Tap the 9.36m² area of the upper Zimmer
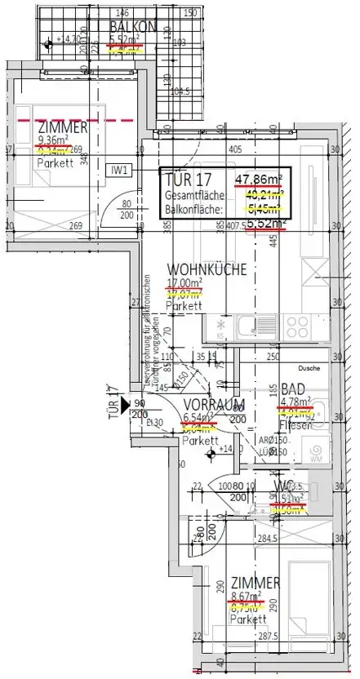pyautogui.click(x=53, y=139)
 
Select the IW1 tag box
pyautogui.click(x=120, y=170)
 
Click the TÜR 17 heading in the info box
pyautogui.click(x=189, y=181)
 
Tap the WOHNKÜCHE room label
pyautogui.click(x=201, y=269)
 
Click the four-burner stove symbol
pyautogui.click(x=220, y=328)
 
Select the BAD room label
pyautogui.click(x=293, y=389)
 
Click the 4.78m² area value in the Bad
pyautogui.click(x=296, y=402)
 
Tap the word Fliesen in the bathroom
pyautogui.click(x=296, y=424)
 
